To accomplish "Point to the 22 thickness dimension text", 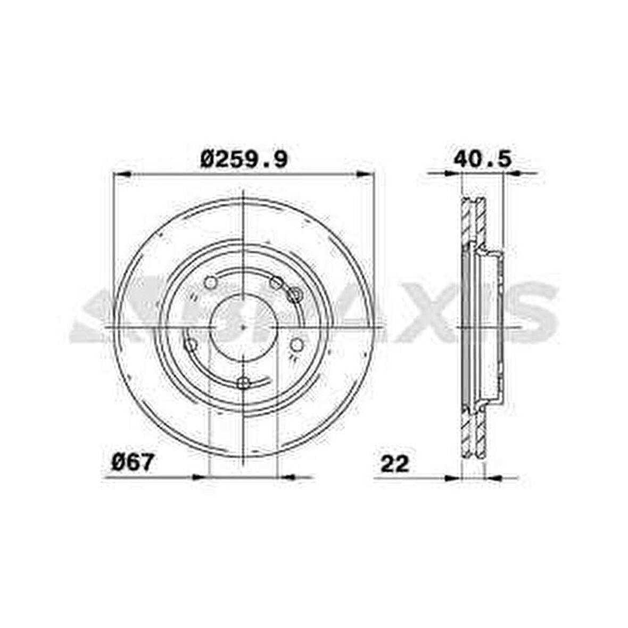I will coord(394,463).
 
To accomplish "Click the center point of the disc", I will coord(243,326).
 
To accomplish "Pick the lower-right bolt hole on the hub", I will coord(296,345).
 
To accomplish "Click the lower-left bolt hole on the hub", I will coord(190,345).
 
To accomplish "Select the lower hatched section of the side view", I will coord(473,434).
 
